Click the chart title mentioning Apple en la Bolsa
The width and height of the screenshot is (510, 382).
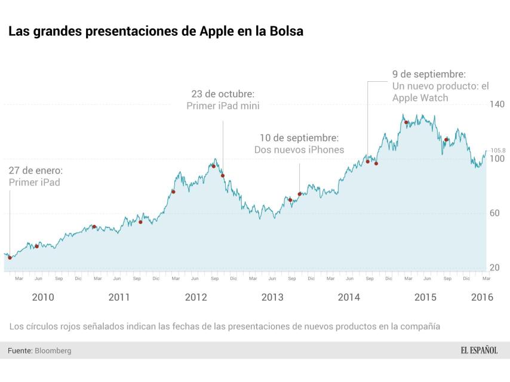pyautogui.click(x=156, y=31)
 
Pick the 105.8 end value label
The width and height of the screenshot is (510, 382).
pyautogui.click(x=498, y=150)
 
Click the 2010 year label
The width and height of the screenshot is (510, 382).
pyautogui.click(x=43, y=297)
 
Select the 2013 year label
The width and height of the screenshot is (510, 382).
pyautogui.click(x=272, y=297)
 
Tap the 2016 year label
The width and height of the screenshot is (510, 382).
pyautogui.click(x=481, y=297)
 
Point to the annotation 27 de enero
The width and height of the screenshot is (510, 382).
pyautogui.click(x=35, y=171)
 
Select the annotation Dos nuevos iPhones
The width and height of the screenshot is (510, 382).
pyautogui.click(x=299, y=150)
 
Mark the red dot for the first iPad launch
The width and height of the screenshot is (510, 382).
pyautogui.click(x=10, y=258)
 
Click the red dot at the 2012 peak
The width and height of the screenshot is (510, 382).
pyautogui.click(x=213, y=166)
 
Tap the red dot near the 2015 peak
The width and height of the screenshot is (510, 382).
pyautogui.click(x=406, y=122)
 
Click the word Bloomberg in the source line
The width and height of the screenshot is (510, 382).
pyautogui.click(x=53, y=351)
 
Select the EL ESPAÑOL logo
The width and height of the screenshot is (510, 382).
pyautogui.click(x=479, y=350)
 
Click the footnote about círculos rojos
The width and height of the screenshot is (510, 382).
pyautogui.click(x=224, y=326)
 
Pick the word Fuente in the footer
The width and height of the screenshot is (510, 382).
pyautogui.click(x=20, y=351)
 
